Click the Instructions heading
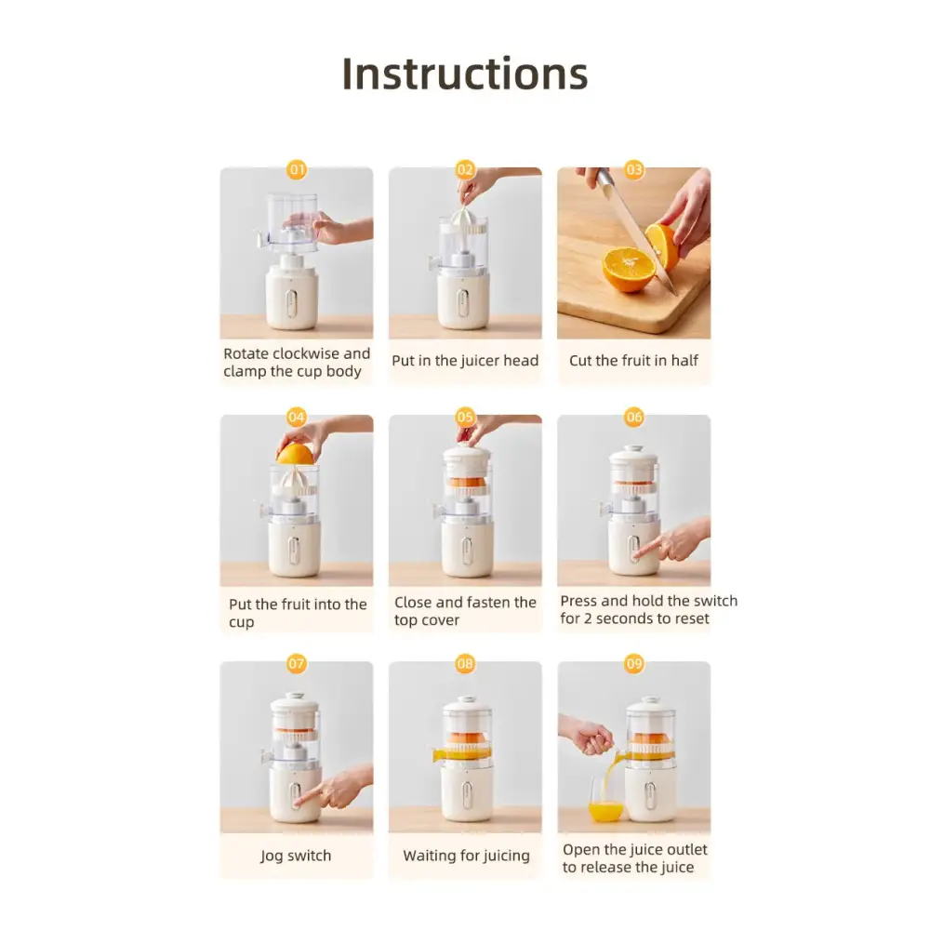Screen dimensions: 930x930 click(x=464, y=74)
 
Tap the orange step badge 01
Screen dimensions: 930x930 click(x=297, y=170)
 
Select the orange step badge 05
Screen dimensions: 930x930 click(x=465, y=417)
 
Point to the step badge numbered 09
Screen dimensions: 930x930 click(x=634, y=663)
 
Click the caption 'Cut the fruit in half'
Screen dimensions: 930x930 click(x=633, y=361)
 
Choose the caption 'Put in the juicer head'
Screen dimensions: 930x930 click(x=465, y=361)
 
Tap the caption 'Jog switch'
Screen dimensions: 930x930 click(x=296, y=856)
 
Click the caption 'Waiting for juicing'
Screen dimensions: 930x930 click(x=466, y=856)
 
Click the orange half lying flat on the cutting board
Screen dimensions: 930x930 click(x=628, y=270)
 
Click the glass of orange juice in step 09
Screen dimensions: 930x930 click(x=605, y=800)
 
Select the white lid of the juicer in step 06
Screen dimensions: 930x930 click(x=633, y=458)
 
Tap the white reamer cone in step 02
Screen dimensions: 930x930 click(x=466, y=220)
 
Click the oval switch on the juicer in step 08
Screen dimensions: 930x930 click(x=466, y=792)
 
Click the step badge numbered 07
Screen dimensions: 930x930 click(x=296, y=663)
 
